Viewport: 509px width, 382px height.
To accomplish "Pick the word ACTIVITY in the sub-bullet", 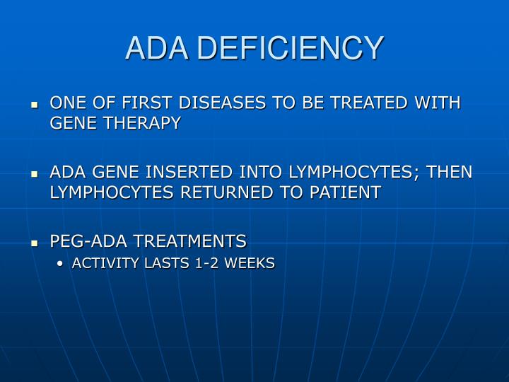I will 103,264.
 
